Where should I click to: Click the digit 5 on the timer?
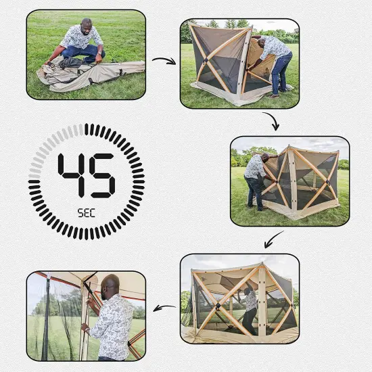tap(103, 175)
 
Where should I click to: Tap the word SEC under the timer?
tap(86, 212)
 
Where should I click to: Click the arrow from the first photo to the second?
tap(163, 62)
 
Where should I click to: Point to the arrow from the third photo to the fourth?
tap(275, 238)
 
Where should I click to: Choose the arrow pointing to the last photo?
tap(164, 308)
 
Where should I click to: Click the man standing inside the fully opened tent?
tap(250, 304)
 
